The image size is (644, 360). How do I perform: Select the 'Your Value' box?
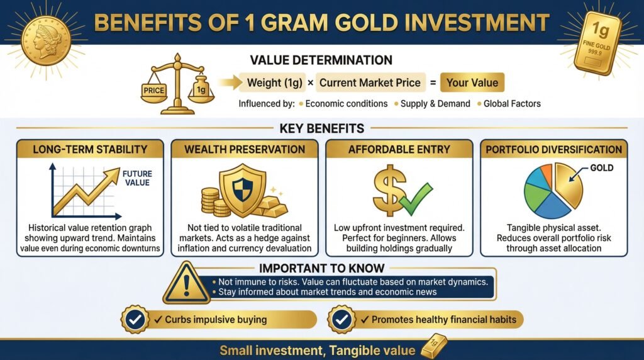click(x=472, y=82)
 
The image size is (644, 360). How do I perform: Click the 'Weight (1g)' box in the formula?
click(x=276, y=82)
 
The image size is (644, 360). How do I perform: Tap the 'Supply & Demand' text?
click(x=435, y=103)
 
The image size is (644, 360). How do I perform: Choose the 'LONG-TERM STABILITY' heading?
click(x=90, y=150)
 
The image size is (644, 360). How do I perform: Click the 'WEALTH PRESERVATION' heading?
click(x=245, y=150)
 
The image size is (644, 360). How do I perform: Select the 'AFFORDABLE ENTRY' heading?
click(x=399, y=150)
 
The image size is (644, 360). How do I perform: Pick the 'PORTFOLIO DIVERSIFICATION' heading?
click(x=554, y=150)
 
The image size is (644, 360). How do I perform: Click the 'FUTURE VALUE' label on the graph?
click(x=136, y=178)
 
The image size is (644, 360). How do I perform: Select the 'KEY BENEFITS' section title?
click(x=321, y=128)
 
